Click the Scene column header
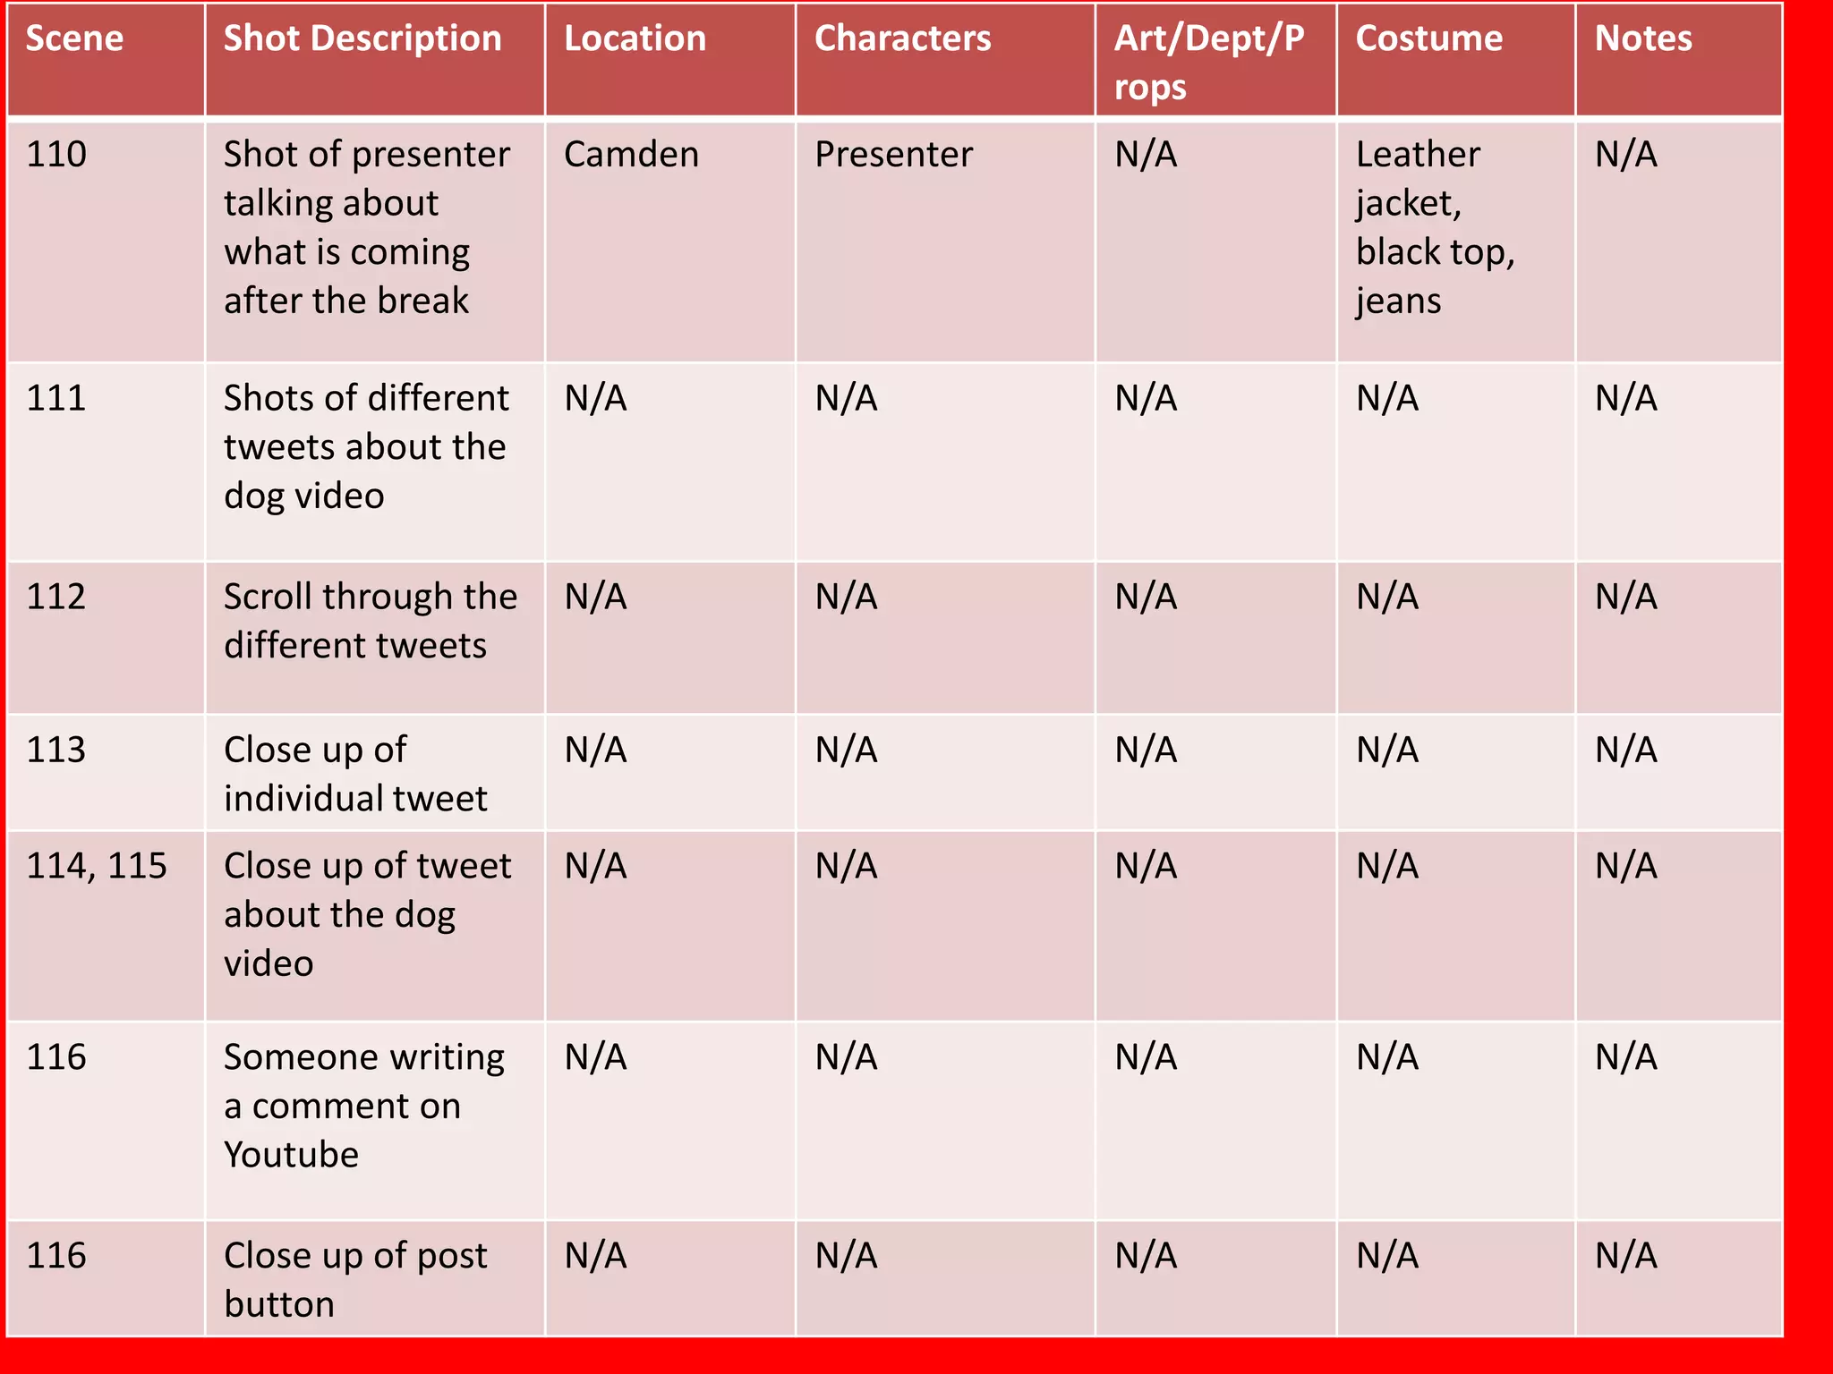(75, 39)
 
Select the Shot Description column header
(362, 39)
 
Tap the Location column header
(635, 39)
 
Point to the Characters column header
(902, 39)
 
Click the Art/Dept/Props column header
(1208, 63)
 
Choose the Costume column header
(1428, 39)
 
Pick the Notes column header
(1643, 39)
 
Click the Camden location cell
(631, 155)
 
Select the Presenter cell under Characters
(893, 155)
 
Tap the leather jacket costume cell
(1435, 228)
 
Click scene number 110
(56, 155)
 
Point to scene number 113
(56, 750)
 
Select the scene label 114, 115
(97, 866)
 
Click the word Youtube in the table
(291, 1155)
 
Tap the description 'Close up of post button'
(355, 1280)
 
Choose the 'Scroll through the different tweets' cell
(370, 621)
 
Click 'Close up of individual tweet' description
(355, 774)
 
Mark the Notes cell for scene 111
(1625, 398)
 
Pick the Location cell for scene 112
(595, 597)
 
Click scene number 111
(56, 398)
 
